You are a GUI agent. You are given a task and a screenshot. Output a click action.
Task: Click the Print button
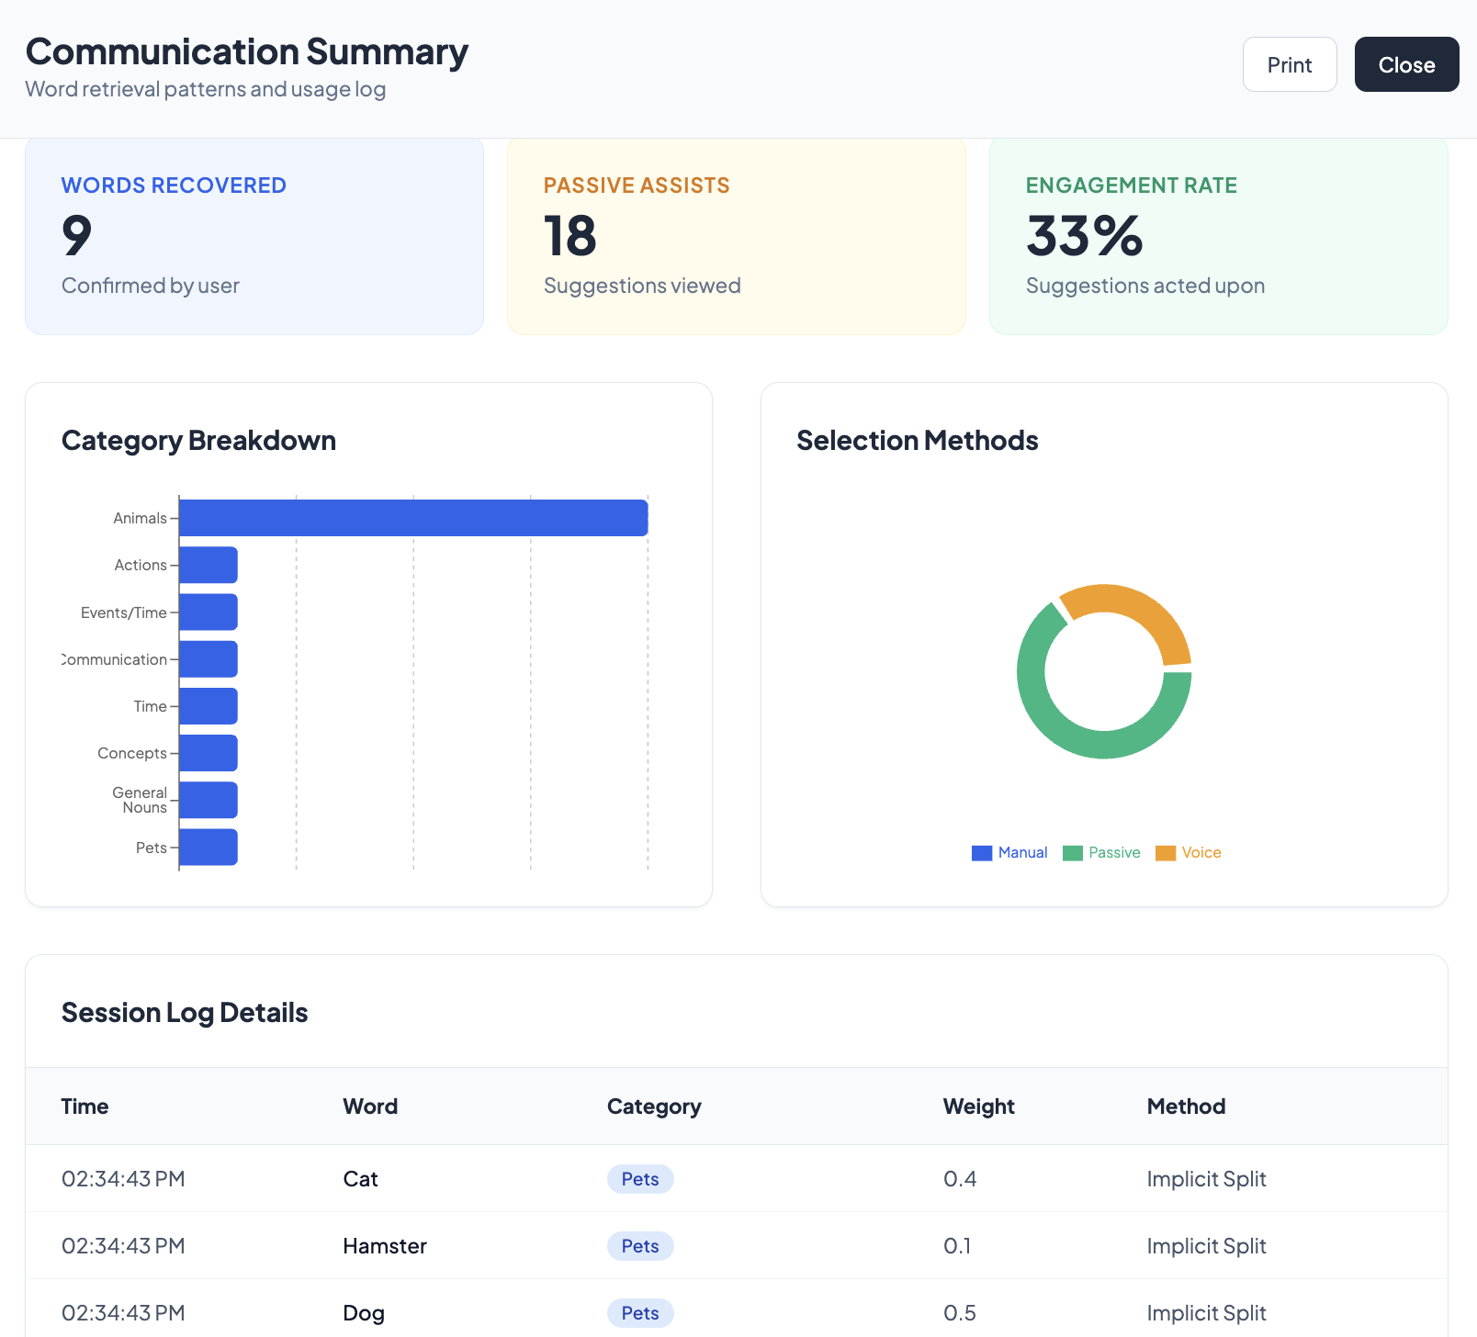[1289, 64]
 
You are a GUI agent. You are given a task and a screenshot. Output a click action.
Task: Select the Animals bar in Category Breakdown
[413, 518]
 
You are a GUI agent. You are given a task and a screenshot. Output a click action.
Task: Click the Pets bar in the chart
[209, 847]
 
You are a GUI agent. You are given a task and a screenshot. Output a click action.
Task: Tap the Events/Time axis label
[124, 612]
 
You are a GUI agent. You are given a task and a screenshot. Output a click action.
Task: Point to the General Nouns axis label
[140, 800]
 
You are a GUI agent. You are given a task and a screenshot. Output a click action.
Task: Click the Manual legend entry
[1009, 852]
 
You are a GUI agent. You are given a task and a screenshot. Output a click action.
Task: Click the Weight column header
[978, 1107]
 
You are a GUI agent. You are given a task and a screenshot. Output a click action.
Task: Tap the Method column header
[1186, 1107]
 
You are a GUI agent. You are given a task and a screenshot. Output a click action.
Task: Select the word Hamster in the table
[385, 1246]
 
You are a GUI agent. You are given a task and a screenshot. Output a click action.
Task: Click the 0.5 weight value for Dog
[959, 1313]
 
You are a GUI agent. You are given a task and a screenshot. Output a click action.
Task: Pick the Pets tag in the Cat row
[640, 1179]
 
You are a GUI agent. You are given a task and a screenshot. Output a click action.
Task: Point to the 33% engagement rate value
[1085, 236]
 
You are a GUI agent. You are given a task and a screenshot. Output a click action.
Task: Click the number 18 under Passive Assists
[570, 236]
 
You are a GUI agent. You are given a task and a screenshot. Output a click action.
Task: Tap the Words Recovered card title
[174, 185]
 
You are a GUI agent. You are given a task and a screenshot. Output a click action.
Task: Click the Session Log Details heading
[185, 1013]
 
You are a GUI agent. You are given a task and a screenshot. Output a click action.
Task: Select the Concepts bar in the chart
[209, 753]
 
